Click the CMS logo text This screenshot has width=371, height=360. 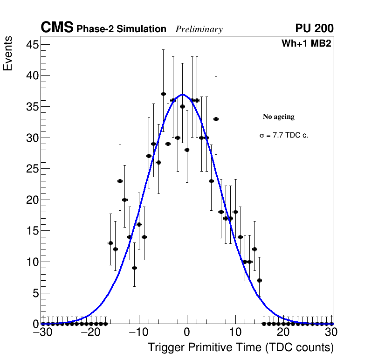[57, 28]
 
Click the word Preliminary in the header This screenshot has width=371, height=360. [199, 29]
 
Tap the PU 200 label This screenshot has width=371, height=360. [314, 28]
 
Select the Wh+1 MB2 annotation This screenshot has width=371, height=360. [306, 44]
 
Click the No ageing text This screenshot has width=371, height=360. [279, 117]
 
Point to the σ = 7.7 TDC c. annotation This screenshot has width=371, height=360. [284, 136]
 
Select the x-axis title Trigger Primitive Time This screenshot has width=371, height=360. [241, 347]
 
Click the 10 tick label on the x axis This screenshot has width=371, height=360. [235, 332]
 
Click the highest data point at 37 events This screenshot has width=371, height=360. [163, 94]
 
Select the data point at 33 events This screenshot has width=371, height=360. [216, 119]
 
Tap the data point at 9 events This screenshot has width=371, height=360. [134, 268]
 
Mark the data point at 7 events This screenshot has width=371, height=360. [259, 280]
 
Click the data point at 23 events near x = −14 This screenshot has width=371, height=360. [120, 181]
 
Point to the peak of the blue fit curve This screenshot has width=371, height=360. [183, 95]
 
